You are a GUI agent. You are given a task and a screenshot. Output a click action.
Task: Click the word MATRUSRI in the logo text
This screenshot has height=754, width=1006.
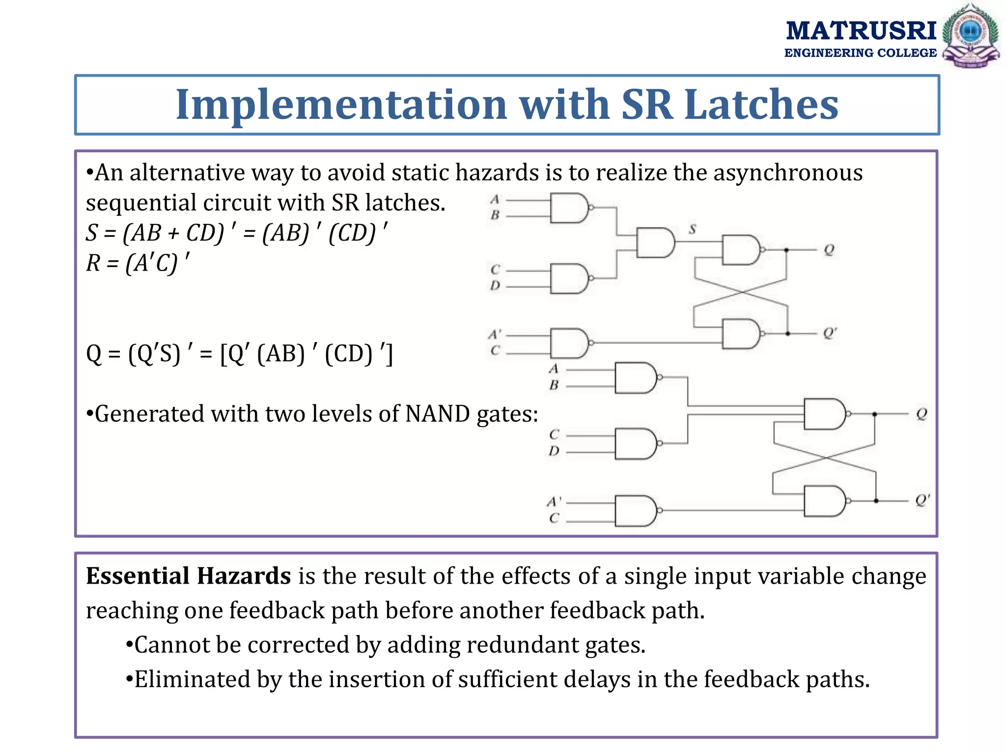(x=861, y=31)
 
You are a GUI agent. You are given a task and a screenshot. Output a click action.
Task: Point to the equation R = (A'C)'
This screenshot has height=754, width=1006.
(x=138, y=263)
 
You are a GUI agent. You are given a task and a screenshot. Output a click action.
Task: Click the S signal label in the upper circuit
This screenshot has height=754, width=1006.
(x=693, y=229)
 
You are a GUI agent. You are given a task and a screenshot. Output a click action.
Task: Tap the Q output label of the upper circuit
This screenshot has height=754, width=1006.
(x=829, y=250)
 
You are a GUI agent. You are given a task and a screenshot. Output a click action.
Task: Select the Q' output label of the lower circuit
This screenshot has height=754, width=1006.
(x=922, y=501)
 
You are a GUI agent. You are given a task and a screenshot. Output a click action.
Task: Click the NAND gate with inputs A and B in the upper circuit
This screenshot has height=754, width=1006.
(x=569, y=208)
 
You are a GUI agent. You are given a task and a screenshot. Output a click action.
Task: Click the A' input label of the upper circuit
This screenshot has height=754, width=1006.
(x=495, y=335)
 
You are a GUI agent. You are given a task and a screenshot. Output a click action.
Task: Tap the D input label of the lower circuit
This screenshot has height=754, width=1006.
(x=554, y=451)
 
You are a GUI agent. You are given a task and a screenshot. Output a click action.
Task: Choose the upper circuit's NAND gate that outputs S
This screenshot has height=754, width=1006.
(x=655, y=242)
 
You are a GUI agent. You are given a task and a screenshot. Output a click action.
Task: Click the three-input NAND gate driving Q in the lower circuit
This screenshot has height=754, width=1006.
(x=824, y=414)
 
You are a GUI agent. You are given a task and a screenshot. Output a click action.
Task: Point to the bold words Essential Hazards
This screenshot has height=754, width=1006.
(x=189, y=576)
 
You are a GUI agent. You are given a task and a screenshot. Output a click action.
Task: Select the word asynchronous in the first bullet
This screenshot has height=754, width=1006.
(x=788, y=173)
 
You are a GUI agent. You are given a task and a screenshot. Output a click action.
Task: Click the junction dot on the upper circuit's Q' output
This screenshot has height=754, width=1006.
(x=787, y=334)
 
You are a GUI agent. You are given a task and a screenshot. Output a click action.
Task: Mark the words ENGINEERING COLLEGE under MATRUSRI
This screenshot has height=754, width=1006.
(x=860, y=53)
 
